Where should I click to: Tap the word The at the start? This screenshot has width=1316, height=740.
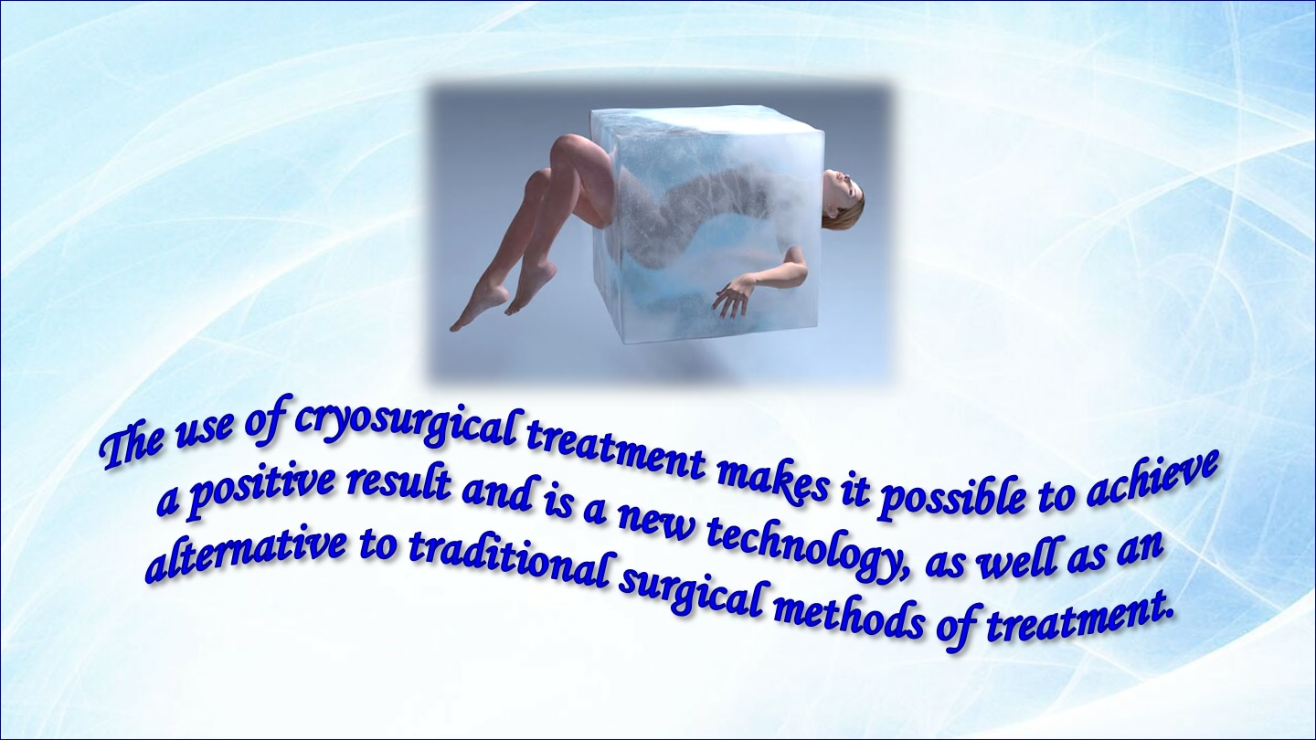(133, 448)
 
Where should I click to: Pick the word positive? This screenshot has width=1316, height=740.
(259, 491)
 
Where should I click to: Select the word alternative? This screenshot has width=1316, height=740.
(246, 546)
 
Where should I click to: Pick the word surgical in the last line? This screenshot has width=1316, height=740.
(694, 590)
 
